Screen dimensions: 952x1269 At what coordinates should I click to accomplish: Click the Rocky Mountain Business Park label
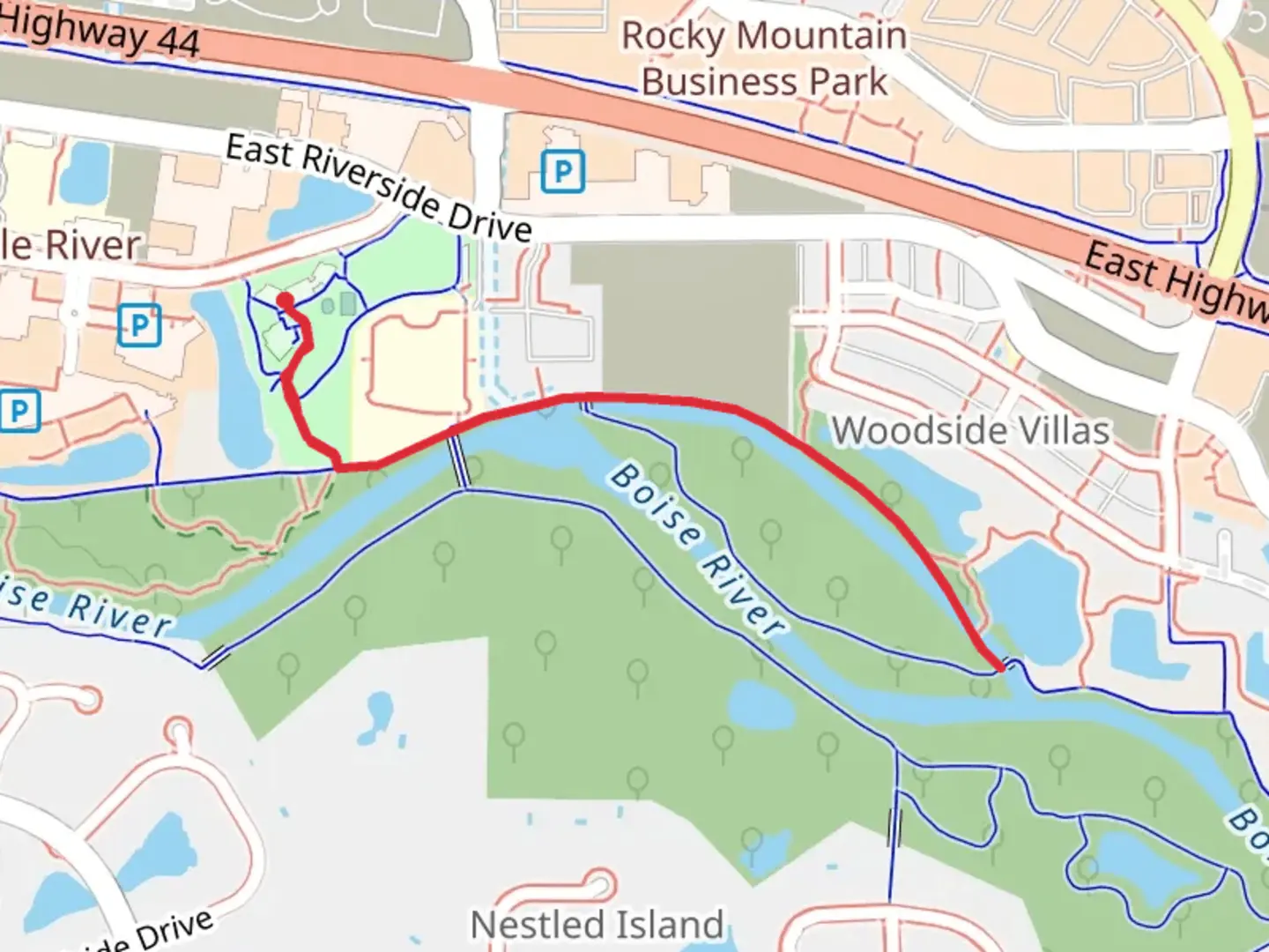coord(763,58)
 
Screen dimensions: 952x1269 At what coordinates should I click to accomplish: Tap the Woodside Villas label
coord(970,431)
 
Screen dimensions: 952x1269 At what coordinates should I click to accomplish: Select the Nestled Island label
coord(597,925)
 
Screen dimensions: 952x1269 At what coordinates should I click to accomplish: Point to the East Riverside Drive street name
coord(379,187)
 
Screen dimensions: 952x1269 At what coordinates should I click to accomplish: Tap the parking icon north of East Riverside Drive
coord(562,171)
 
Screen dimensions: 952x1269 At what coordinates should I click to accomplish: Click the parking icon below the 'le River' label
coord(139,325)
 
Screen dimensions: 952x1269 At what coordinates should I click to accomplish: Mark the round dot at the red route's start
coord(286,301)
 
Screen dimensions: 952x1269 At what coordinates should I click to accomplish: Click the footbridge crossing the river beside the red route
coord(459,458)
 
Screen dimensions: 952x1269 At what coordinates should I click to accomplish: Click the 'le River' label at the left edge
coord(70,245)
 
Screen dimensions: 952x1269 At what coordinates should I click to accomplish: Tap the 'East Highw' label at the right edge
coord(1176,280)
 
